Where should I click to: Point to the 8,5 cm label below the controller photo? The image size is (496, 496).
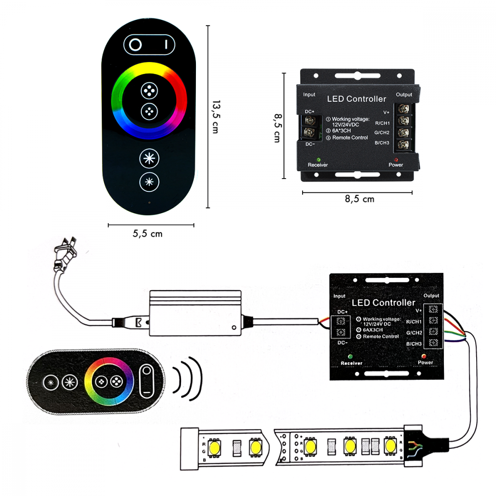coord(359,199)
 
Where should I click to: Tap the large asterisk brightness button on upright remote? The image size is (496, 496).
coord(149,159)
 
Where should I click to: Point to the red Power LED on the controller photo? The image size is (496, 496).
coord(396,160)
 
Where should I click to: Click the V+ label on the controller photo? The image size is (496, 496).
coord(386,113)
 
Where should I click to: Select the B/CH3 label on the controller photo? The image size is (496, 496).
coord(382,143)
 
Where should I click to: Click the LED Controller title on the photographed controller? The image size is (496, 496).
coord(356,99)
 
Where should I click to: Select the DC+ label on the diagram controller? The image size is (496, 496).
coord(342,311)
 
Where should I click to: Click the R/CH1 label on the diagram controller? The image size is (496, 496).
coord(413,321)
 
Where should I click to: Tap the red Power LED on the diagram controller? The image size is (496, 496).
coord(425,356)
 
